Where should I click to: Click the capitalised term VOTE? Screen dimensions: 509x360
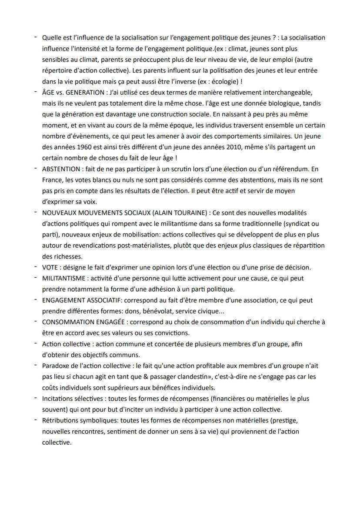point(50,267)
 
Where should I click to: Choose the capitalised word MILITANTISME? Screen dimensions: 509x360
point(65,278)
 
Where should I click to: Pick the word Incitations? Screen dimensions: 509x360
point(58,399)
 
